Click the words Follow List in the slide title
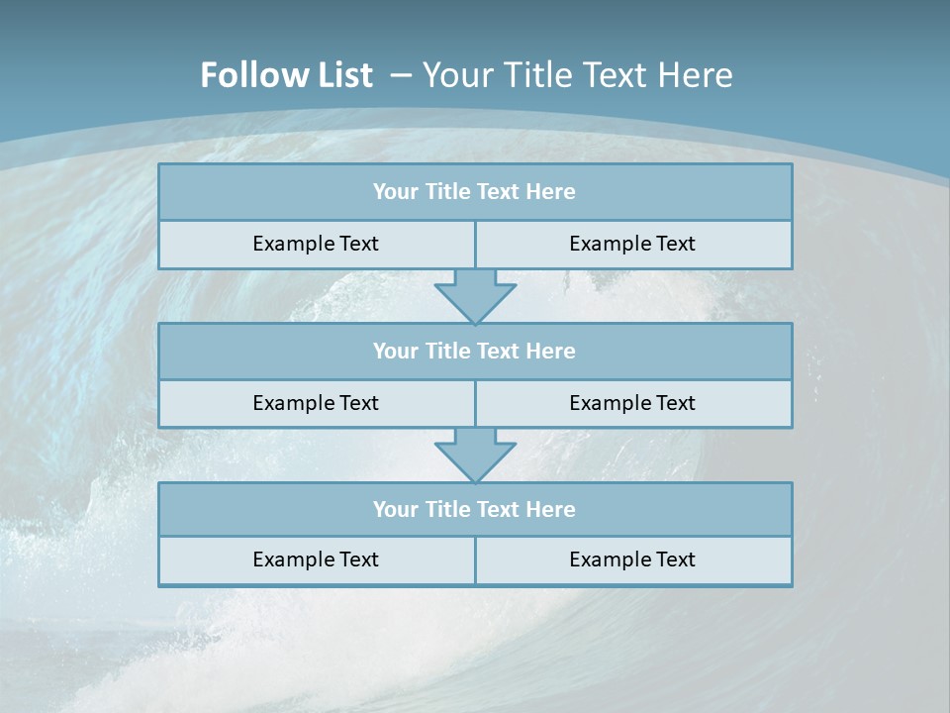(286, 75)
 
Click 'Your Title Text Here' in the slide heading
(577, 75)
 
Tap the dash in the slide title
(401, 75)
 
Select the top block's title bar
(475, 192)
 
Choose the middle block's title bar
(475, 352)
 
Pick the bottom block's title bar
(475, 510)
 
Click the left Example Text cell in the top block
(316, 244)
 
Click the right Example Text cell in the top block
(632, 244)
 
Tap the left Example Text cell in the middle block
(316, 403)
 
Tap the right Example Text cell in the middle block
(632, 403)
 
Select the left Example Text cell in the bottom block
(316, 560)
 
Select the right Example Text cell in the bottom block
(632, 560)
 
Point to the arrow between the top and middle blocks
(475, 295)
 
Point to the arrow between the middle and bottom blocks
(475, 455)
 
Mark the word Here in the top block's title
(551, 192)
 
